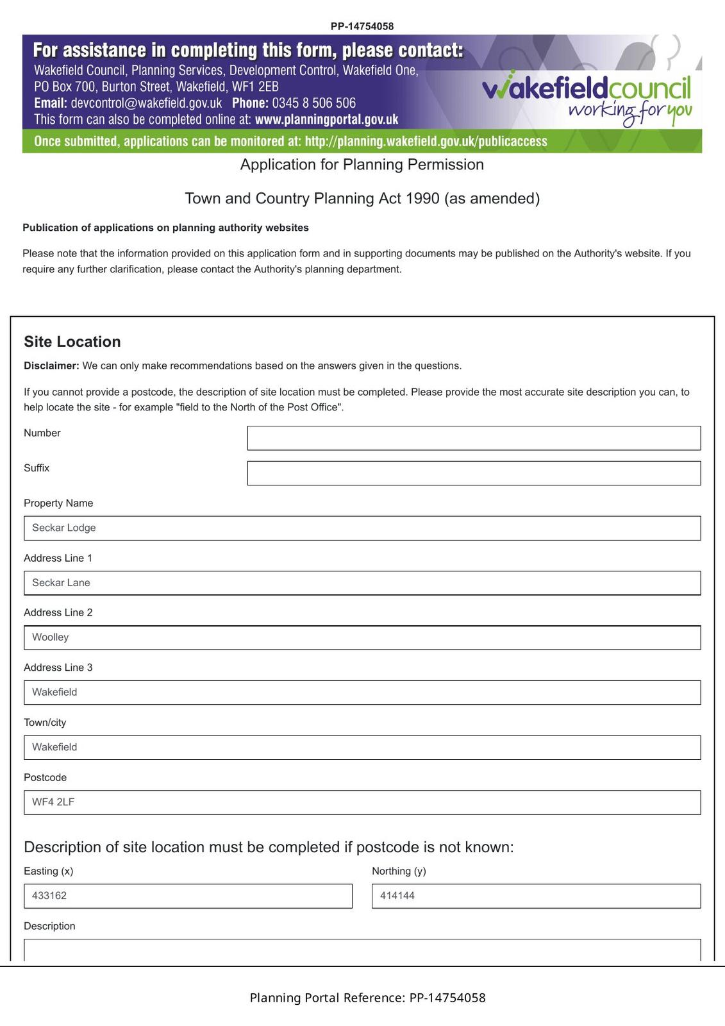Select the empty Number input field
tap(474, 438)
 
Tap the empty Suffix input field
tap(474, 473)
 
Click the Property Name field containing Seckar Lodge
tap(362, 528)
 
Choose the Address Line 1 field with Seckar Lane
tap(362, 583)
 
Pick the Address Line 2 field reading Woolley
tap(362, 637)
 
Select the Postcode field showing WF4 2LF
tap(362, 802)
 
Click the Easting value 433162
tap(50, 896)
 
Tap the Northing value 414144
tap(397, 896)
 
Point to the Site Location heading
tap(72, 342)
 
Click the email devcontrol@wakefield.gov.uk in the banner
tap(146, 103)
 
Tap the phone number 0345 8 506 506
tap(313, 103)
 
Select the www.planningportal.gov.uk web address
tap(326, 120)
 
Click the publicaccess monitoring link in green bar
tap(426, 142)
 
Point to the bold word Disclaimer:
tap(51, 366)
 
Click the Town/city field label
tap(45, 723)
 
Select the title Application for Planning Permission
tap(362, 165)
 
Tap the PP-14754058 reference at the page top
tap(362, 26)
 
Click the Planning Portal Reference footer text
tap(367, 998)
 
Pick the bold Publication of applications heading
tap(165, 228)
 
